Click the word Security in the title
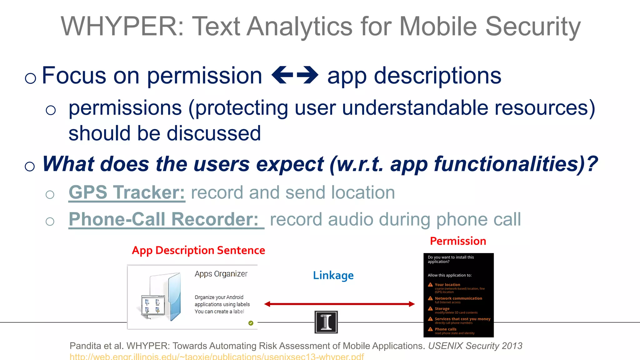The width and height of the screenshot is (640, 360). pyautogui.click(x=533, y=27)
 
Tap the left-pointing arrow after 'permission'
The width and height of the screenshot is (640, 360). pyautogui.click(x=282, y=75)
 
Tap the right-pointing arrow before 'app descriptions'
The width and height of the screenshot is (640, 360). pyautogui.click(x=307, y=75)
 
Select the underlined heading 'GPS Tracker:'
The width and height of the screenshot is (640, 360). pyautogui.click(x=127, y=192)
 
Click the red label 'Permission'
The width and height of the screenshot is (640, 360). pyautogui.click(x=458, y=241)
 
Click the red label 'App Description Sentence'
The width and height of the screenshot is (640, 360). pyautogui.click(x=198, y=250)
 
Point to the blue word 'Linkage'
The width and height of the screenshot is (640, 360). pyautogui.click(x=333, y=275)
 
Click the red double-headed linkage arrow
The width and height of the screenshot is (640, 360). pyautogui.click(x=339, y=304)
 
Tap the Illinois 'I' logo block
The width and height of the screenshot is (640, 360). pyautogui.click(x=326, y=322)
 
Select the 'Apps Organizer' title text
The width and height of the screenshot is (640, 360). pyautogui.click(x=221, y=274)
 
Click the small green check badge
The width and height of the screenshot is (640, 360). pyautogui.click(x=251, y=323)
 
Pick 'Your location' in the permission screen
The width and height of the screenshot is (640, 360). pyautogui.click(x=447, y=285)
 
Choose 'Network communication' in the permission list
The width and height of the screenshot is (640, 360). pyautogui.click(x=458, y=298)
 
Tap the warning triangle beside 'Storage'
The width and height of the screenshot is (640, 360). pyautogui.click(x=430, y=308)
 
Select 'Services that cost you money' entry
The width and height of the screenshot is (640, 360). pyautogui.click(x=462, y=319)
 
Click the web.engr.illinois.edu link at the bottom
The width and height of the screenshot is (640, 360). pyautogui.click(x=217, y=357)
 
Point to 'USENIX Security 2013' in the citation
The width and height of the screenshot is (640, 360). pyautogui.click(x=475, y=346)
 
